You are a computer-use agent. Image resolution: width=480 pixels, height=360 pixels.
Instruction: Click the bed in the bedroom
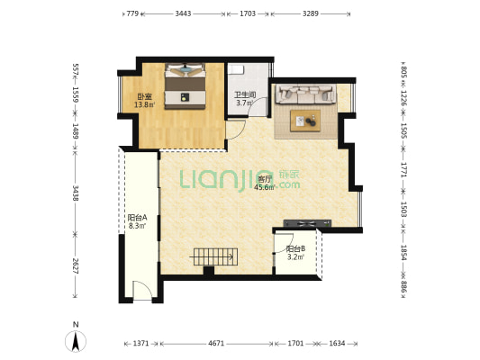coord(185,85)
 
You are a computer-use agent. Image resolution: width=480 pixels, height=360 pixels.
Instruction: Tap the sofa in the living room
coord(305,94)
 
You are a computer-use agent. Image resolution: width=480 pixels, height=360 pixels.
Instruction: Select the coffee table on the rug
coord(305,121)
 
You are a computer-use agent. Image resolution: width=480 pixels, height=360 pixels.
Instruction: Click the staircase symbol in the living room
coord(215,256)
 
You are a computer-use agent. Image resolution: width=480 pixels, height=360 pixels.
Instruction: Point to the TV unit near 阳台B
coord(307,223)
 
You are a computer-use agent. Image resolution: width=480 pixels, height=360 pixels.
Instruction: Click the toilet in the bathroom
coord(236,69)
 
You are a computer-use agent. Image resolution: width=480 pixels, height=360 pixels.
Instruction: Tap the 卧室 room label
coord(144,97)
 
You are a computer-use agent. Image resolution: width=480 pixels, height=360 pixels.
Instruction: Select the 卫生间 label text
coord(245,94)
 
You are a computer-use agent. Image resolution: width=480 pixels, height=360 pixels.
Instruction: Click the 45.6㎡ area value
coord(265,187)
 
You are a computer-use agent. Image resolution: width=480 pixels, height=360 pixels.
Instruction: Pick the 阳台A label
coord(138,218)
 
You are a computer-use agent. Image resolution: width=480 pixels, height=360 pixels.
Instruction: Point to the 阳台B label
coord(295,249)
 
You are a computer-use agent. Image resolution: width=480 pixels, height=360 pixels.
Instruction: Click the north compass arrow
coord(76,341)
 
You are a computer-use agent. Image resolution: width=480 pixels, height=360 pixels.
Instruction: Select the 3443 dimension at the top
coord(183,13)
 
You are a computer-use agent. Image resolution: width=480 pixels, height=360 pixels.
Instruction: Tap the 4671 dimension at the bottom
coord(216,344)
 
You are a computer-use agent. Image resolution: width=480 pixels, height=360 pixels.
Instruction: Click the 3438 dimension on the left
coord(76,193)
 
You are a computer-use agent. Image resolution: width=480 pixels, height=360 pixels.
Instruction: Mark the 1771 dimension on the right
coord(403,169)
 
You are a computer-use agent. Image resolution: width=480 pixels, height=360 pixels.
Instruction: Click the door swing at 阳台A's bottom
coord(142,289)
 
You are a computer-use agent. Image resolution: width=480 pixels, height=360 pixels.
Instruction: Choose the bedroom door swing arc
coord(236,130)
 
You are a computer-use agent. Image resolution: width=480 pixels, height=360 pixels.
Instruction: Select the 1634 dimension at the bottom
coord(337,344)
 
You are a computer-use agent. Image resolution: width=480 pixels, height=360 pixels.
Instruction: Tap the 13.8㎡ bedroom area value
coord(145,105)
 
